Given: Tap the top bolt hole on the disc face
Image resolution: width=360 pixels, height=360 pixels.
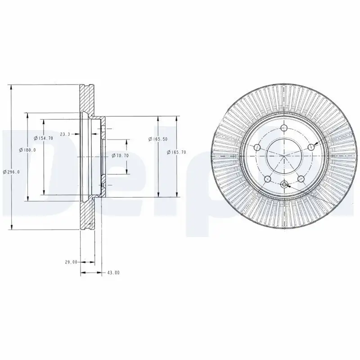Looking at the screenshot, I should click(283, 129).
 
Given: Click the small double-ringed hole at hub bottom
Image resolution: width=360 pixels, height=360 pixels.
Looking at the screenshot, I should click(283, 184).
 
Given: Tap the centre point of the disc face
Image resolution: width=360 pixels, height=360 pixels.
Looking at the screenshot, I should click(283, 156).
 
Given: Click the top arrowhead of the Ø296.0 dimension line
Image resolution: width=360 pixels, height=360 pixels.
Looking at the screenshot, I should click(12, 87).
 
